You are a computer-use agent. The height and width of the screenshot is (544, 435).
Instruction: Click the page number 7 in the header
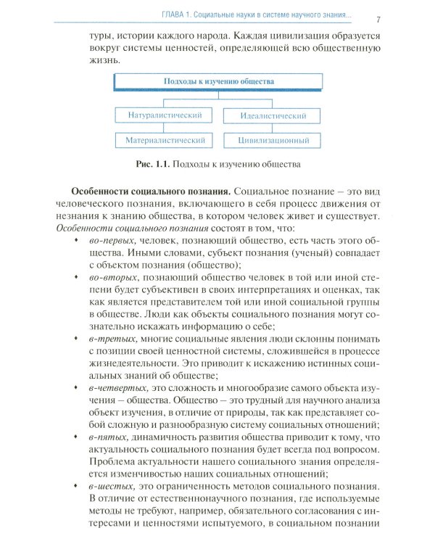pyautogui.click(x=379, y=17)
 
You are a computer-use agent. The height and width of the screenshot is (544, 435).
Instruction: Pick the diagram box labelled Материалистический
pyautogui.click(x=165, y=140)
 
